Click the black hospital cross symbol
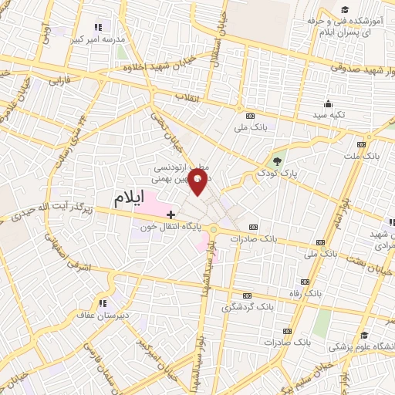(170, 213)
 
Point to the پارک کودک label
(278, 175)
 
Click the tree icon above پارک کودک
(277, 161)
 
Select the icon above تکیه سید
(328, 104)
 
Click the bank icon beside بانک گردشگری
(247, 295)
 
